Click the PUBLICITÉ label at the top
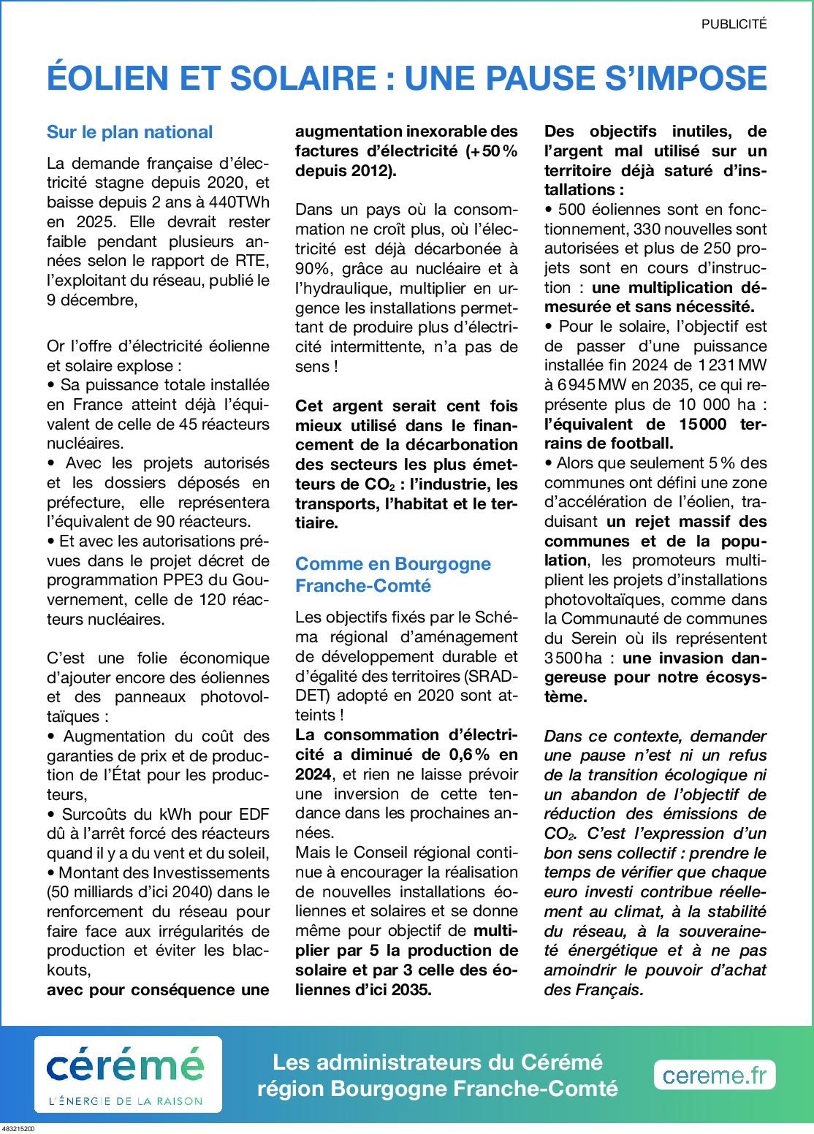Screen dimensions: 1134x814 (x=734, y=24)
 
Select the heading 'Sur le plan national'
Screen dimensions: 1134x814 (x=129, y=132)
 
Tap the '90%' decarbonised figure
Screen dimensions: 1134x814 (x=311, y=269)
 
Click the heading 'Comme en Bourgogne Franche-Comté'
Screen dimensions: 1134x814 (x=392, y=574)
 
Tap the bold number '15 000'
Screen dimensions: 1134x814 (x=702, y=424)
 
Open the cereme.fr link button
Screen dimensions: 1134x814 (x=714, y=1075)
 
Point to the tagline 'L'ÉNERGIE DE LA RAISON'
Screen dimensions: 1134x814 (x=126, y=1100)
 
